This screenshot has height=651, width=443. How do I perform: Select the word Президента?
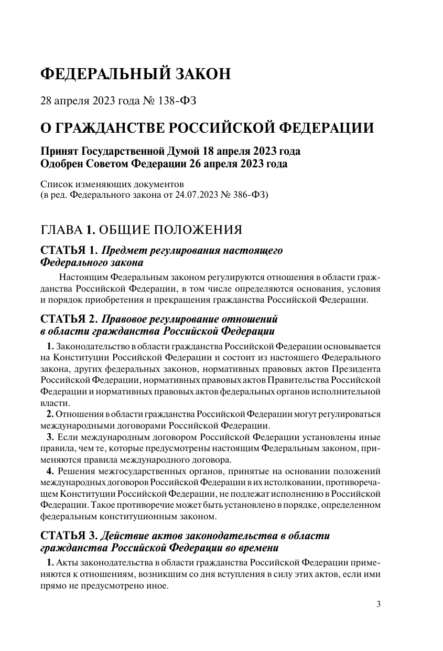coord(355,369)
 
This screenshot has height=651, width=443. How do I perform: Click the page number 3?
coord(379,604)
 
